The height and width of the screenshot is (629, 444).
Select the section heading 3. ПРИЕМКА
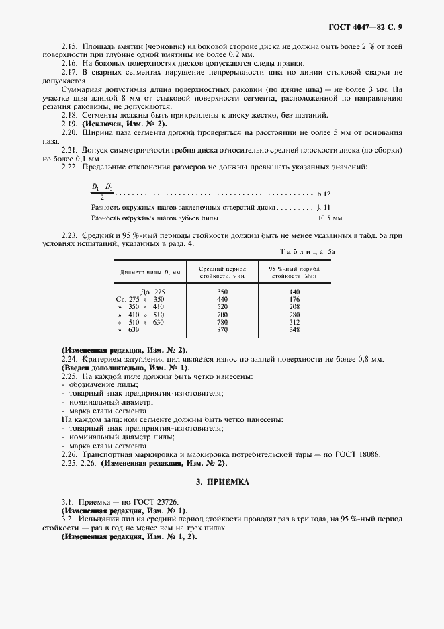[x=222, y=483]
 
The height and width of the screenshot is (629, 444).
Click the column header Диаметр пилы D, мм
[x=151, y=272]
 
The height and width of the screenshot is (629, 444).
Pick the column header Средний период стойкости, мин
[x=222, y=272]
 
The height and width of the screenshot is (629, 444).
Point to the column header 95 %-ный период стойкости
[x=294, y=272]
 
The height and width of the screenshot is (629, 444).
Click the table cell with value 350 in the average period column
[x=222, y=292]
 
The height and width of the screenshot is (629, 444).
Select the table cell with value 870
[x=222, y=330]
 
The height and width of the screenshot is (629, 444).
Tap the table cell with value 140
[x=294, y=292]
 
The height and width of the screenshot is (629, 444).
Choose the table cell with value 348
[x=294, y=330]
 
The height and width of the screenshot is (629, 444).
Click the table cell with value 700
[x=222, y=314]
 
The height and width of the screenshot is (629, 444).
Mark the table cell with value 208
[x=294, y=306]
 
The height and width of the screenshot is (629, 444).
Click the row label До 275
[x=152, y=292]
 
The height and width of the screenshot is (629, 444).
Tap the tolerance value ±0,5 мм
[x=329, y=218]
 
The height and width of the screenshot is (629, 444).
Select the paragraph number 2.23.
[x=69, y=235]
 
